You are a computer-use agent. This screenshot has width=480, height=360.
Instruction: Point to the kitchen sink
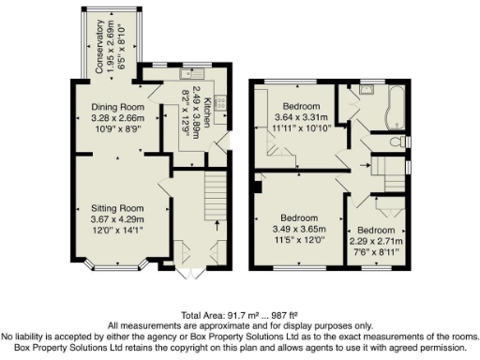tap(181, 74)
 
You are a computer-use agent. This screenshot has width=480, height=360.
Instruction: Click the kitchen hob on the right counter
tap(221, 105)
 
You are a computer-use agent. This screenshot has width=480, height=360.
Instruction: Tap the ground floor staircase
tap(217, 197)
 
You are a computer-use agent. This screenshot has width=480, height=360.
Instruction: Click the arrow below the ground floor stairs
tap(217, 225)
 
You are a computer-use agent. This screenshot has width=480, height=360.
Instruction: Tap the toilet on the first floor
tap(401, 142)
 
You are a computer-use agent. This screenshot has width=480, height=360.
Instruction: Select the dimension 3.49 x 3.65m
tap(299, 228)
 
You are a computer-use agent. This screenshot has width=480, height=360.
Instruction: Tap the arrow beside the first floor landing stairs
tap(366, 165)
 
